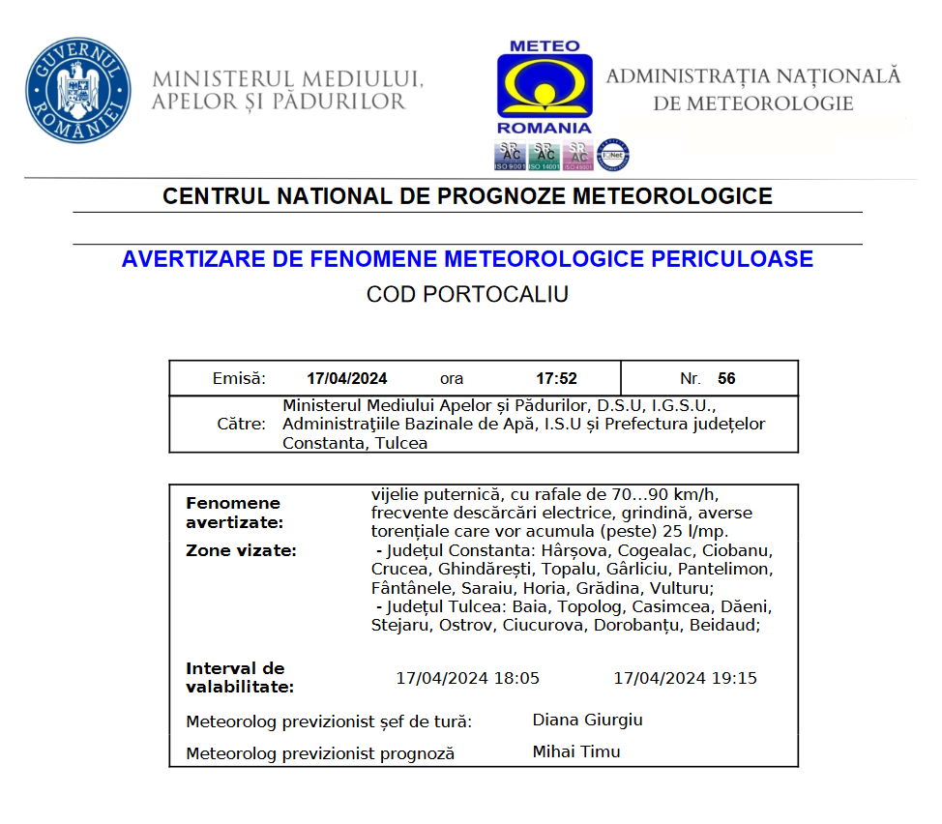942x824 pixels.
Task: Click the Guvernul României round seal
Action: tap(79, 91)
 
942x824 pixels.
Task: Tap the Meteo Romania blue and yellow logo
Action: tap(545, 87)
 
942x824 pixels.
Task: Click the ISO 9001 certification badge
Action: tap(511, 156)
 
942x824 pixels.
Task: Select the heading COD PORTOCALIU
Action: tap(467, 295)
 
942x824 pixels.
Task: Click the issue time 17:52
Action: tap(556, 378)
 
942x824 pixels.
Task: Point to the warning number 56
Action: tap(726, 378)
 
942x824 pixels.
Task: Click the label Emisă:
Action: tap(239, 378)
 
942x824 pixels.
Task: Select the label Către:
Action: tap(241, 425)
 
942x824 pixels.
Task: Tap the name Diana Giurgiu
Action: tap(587, 720)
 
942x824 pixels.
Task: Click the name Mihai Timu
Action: tap(576, 751)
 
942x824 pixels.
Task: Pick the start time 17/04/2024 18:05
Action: tap(468, 678)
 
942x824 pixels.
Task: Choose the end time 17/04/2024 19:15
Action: tap(685, 678)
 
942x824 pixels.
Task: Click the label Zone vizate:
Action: tap(241, 550)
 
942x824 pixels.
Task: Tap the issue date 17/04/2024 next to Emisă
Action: tap(347, 378)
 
